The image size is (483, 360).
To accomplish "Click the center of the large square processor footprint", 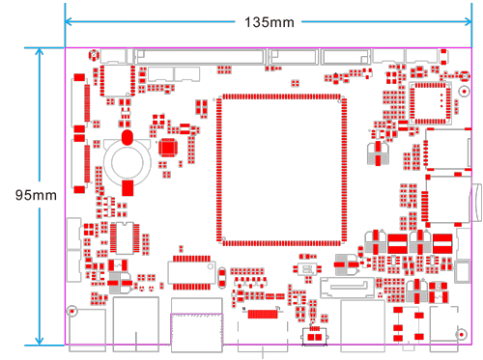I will click(281, 169).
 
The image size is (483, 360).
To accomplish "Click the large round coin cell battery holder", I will click(127, 158).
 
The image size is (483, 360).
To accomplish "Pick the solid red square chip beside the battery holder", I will click(168, 148).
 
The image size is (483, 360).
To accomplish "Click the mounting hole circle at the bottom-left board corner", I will click(72, 312).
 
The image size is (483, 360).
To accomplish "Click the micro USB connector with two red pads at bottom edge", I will click(315, 336).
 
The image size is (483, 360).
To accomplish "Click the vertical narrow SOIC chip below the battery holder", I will click(126, 235).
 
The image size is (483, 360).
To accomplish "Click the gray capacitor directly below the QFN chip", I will click(376, 154).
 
